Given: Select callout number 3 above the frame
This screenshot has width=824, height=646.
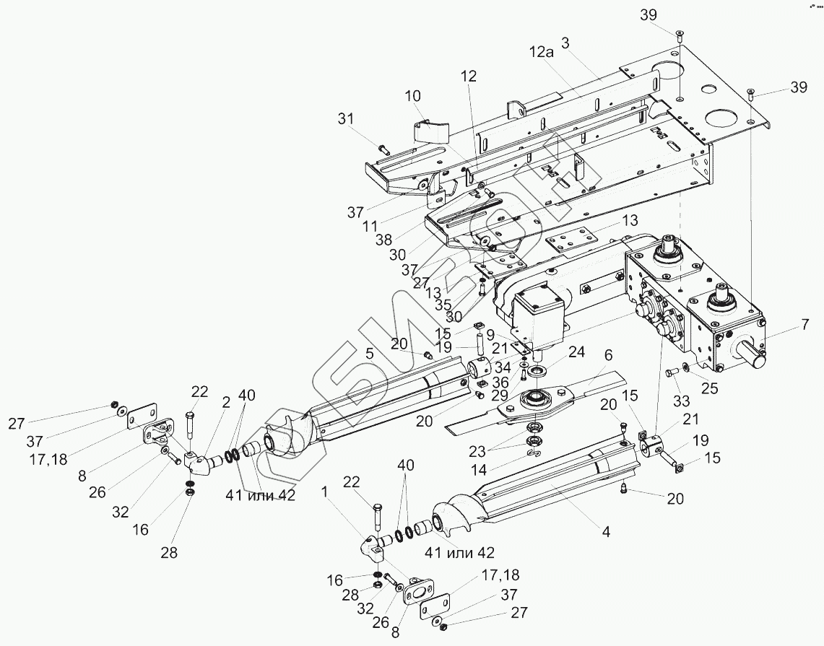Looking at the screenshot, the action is click(x=565, y=43).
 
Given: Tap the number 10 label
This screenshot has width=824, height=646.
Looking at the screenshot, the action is click(x=413, y=96).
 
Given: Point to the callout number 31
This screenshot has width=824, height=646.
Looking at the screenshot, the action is click(x=347, y=119).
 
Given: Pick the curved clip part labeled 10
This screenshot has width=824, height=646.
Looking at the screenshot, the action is click(x=430, y=131).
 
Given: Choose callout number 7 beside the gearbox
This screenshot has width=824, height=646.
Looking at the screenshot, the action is click(x=805, y=324).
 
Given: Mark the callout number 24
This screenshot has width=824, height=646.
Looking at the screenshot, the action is click(x=576, y=352).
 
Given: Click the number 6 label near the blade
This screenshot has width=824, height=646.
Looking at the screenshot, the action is click(x=608, y=356).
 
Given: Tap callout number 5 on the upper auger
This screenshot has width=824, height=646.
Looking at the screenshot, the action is click(x=370, y=354).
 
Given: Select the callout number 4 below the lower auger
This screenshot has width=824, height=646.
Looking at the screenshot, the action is click(x=606, y=531).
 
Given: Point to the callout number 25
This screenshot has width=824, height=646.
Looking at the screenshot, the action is click(x=709, y=389).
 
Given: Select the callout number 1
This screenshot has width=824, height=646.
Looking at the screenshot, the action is click(x=325, y=492).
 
